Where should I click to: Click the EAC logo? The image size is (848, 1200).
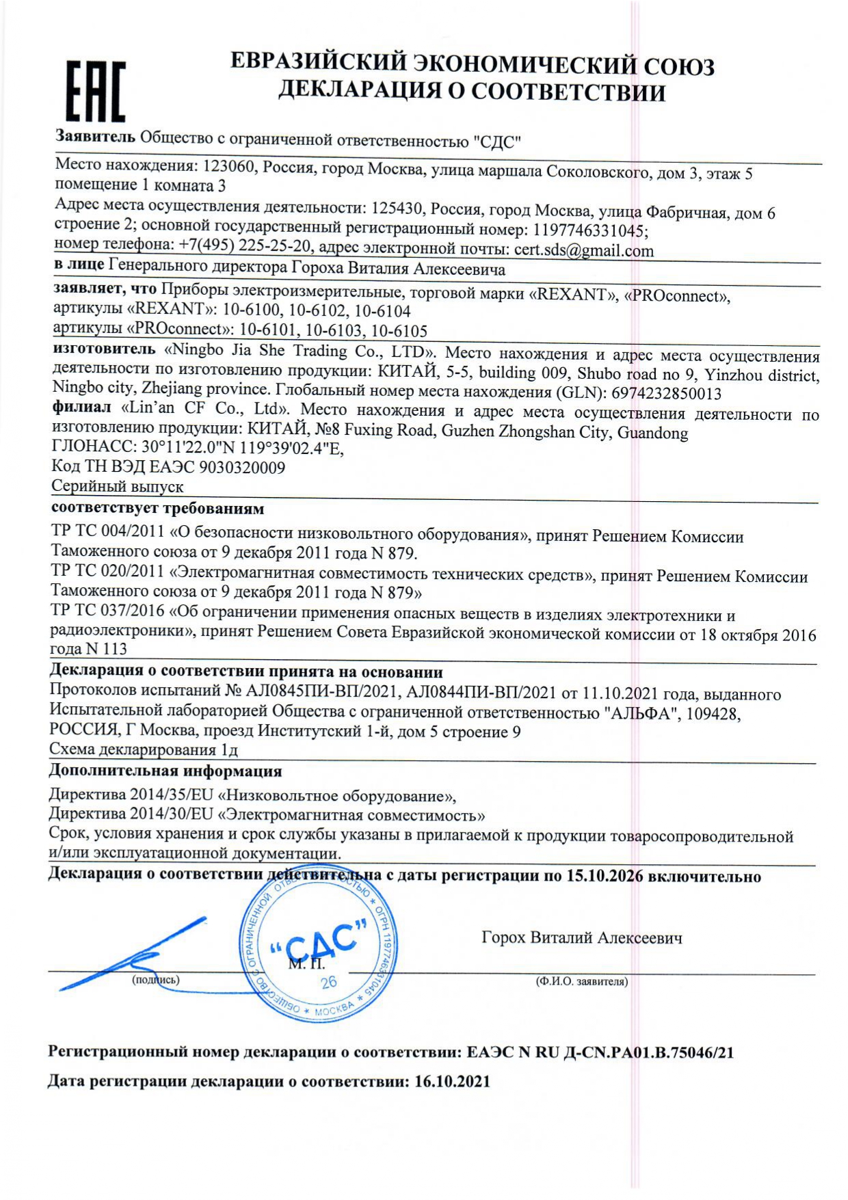96,91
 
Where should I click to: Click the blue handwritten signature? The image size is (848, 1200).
134,952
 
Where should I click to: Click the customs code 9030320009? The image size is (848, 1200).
241,468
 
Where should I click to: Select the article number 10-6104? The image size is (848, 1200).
383,311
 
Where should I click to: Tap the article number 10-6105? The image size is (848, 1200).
399,332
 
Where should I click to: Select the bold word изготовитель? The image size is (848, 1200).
104,349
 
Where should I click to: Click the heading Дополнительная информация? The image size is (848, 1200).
165,771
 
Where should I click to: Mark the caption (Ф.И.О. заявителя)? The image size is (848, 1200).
581,982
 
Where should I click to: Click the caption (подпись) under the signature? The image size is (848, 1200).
155,980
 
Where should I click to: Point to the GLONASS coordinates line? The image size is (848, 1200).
198,449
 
